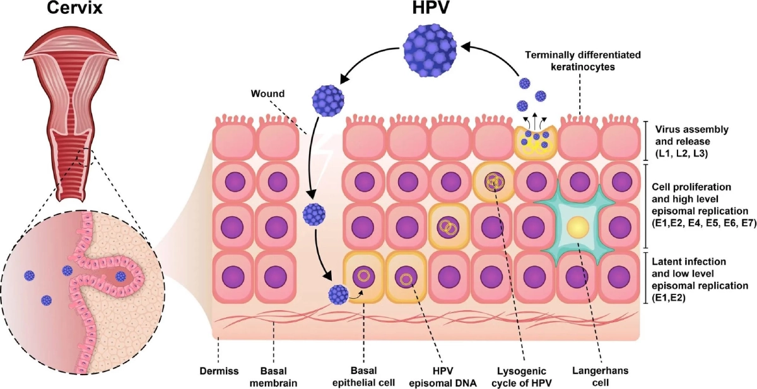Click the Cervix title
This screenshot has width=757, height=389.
pos(74,8)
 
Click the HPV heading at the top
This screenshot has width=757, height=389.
pos(431,8)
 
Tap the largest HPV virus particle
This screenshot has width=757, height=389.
pos(430,50)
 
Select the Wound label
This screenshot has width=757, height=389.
pos(267,93)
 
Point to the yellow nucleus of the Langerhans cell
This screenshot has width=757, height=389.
pos(578,227)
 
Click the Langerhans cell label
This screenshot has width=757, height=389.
pos(600,376)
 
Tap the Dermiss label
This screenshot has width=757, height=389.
pos(219,371)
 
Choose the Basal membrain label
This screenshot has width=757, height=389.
pos(273,377)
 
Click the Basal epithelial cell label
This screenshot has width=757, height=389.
pos(363,377)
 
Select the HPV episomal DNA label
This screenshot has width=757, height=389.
pos(443,377)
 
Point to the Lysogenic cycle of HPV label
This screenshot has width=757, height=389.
pos(522,377)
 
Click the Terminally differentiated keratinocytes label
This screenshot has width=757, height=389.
pos(583,61)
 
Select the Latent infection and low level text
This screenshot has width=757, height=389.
pos(689,267)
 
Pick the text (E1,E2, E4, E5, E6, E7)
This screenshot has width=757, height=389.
pos(704,223)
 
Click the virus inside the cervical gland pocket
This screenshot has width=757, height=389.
pos(120,277)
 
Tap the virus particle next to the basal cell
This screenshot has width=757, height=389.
pos(338,294)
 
